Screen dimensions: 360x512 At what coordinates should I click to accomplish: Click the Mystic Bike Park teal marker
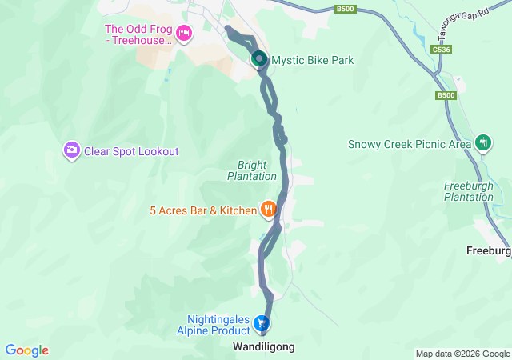[259, 59]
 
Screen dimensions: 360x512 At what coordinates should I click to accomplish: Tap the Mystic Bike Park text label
[313, 60]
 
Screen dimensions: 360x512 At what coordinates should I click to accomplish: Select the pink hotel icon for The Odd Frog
[184, 34]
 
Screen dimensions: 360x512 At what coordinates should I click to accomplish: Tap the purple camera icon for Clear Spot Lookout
[72, 150]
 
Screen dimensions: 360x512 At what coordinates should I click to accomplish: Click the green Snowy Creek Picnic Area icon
[483, 142]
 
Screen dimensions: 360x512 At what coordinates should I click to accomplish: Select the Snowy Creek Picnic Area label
[410, 145]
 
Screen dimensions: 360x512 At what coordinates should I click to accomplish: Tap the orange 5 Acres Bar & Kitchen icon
[268, 210]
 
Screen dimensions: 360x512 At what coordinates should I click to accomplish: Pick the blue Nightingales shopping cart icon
[261, 323]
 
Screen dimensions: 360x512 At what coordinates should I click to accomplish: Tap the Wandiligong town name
[263, 347]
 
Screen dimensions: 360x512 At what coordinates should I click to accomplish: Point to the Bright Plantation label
[251, 170]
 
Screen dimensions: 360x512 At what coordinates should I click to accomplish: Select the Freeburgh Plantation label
[469, 191]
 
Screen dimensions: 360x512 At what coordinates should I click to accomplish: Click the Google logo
[26, 350]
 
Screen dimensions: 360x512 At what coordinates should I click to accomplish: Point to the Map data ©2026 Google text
[462, 354]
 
